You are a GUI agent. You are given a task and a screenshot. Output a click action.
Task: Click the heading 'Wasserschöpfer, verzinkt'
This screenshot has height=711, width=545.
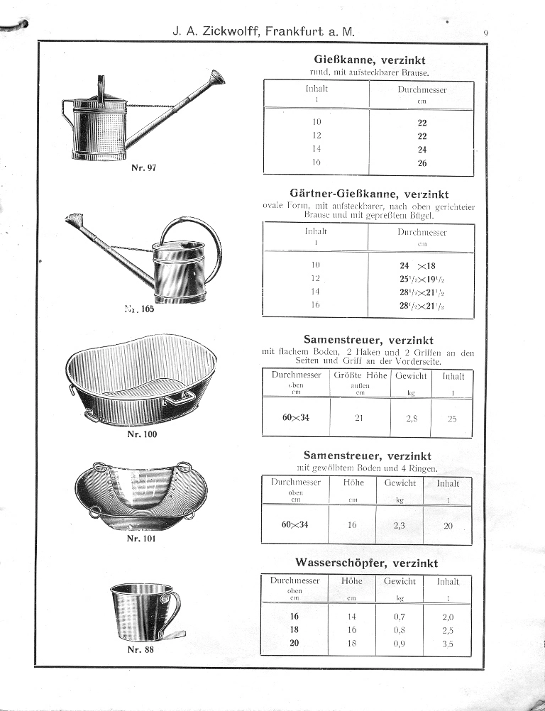367,563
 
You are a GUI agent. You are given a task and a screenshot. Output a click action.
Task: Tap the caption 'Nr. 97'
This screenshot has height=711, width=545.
144,168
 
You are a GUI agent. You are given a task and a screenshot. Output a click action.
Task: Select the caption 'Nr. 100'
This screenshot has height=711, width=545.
142,434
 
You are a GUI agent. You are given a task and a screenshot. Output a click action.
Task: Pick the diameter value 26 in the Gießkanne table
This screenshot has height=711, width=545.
422,163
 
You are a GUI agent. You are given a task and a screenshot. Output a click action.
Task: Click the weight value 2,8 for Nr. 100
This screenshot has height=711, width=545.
412,419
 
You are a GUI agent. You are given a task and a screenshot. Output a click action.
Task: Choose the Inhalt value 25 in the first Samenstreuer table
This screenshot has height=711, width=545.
452,419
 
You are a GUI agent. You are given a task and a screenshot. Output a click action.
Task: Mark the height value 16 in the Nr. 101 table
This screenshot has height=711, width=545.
353,525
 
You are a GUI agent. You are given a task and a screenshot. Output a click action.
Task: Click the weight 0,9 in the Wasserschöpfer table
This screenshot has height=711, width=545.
399,644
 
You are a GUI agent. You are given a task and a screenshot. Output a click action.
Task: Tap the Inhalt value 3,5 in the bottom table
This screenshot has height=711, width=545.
447,644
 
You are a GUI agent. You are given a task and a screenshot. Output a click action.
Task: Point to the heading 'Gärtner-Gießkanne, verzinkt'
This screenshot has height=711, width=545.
369,194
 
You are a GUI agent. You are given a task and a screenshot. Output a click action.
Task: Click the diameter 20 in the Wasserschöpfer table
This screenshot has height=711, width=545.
295,644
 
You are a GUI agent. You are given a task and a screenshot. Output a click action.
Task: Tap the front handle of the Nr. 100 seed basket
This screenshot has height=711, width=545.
177,399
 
